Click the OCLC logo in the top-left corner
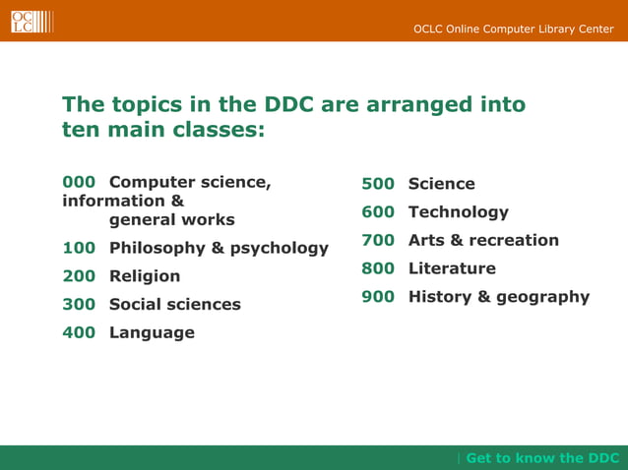31,21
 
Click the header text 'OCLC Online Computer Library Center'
513,29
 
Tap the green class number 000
79,182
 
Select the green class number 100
79,248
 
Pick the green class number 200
79,276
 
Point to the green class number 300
79,305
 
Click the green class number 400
79,333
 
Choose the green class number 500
378,184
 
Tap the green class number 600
378,212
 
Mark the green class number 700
378,241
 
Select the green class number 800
378,268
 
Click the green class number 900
378,297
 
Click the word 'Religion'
145,276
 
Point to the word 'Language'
152,333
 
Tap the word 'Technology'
459,212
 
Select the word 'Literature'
452,268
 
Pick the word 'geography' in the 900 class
542,297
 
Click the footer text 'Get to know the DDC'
542,458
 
